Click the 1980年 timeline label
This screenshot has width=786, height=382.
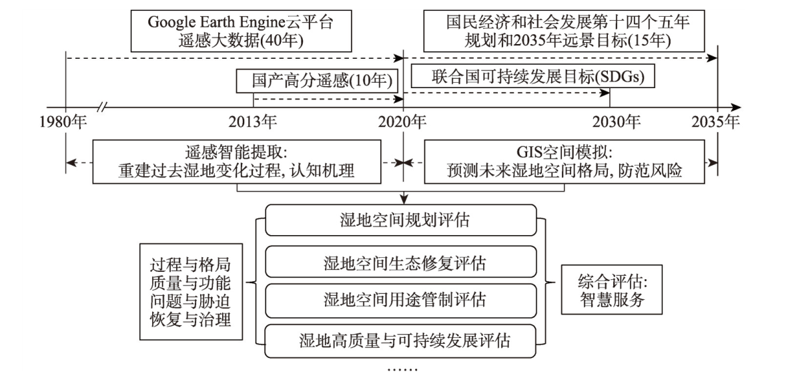click(x=63, y=122)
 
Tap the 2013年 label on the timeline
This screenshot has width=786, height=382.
click(x=253, y=122)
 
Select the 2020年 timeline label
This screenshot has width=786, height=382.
click(x=402, y=122)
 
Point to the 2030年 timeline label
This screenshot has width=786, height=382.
click(x=617, y=122)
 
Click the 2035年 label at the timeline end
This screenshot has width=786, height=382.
click(x=716, y=122)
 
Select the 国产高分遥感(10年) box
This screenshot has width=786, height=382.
click(x=314, y=81)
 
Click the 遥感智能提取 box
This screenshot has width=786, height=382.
click(x=236, y=162)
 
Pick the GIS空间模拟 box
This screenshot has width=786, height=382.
click(x=564, y=162)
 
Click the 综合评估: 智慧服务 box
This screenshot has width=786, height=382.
click(x=612, y=290)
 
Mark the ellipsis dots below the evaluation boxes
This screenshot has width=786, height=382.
click(x=402, y=370)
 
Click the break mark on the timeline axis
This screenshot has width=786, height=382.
click(x=103, y=107)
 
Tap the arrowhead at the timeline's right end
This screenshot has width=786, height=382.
click(x=736, y=107)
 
